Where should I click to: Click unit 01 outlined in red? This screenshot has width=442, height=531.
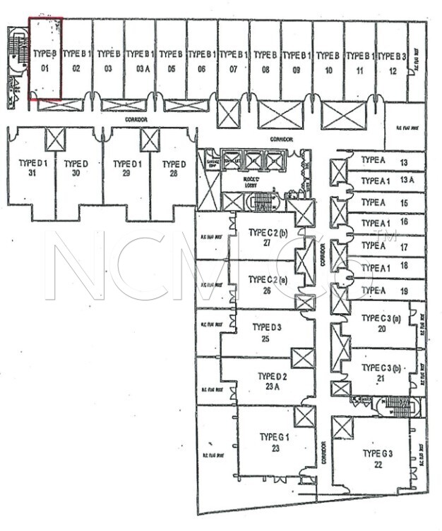(44, 60)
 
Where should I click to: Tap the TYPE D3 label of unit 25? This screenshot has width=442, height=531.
(267, 327)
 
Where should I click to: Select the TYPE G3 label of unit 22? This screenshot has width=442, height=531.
(378, 453)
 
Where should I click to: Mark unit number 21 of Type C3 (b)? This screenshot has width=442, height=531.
(381, 378)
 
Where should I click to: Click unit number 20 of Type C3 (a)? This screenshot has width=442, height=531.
(382, 328)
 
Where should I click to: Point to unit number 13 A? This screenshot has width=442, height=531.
(406, 181)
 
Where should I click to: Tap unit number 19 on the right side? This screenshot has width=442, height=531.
(405, 291)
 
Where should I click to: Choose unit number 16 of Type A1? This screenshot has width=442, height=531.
(404, 221)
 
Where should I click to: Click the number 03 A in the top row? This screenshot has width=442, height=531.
(139, 70)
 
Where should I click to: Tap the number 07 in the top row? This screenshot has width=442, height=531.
(232, 70)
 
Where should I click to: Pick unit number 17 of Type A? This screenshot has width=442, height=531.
(404, 248)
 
